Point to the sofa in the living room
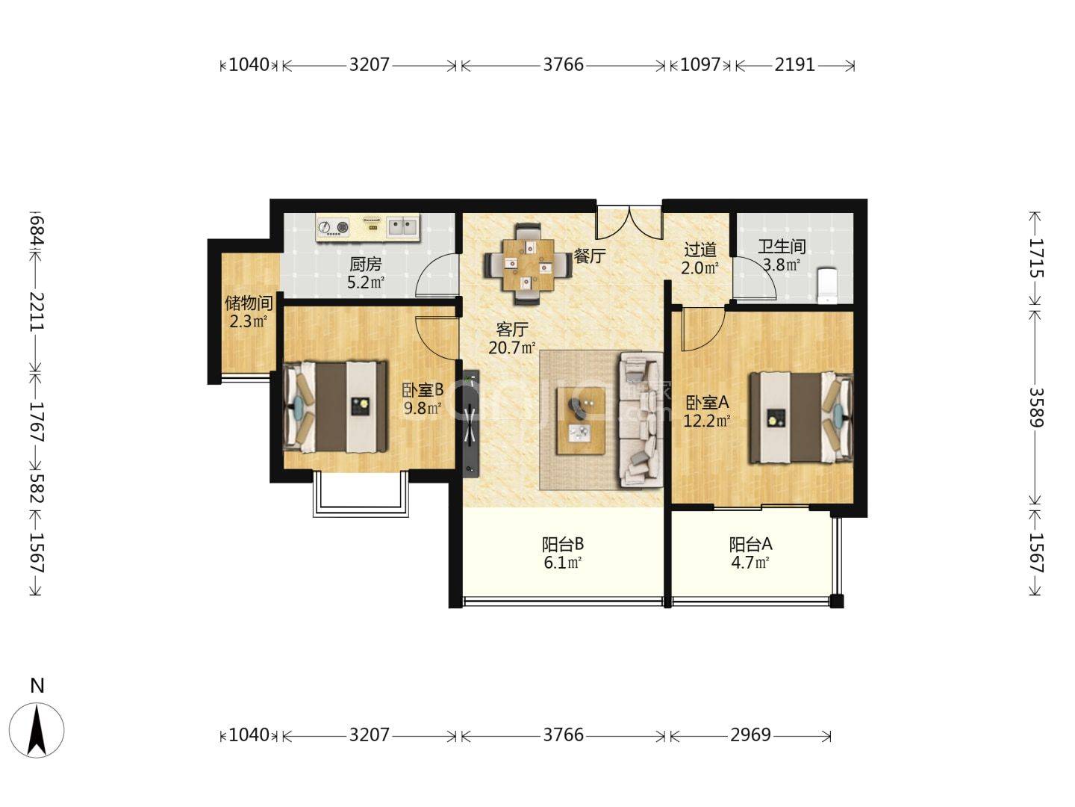click(x=640, y=420)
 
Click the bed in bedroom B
click(x=335, y=407)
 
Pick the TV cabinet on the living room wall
click(x=470, y=423)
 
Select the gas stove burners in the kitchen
click(x=334, y=226)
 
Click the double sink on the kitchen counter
click(x=402, y=225)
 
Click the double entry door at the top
click(x=629, y=221)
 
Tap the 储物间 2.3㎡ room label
click(x=249, y=312)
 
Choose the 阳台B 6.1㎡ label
click(x=563, y=553)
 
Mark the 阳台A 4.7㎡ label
click(x=750, y=553)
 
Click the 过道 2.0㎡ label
click(x=700, y=259)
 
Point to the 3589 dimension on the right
click(x=1035, y=406)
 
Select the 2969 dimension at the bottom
click(x=750, y=735)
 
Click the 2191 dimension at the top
click(x=794, y=65)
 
